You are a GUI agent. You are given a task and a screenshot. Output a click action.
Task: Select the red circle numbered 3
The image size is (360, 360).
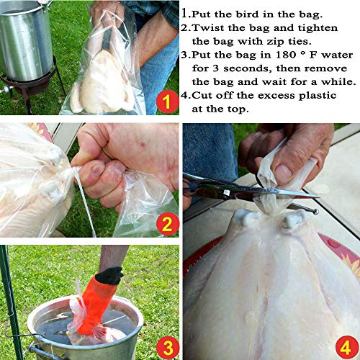click(x=166, y=347)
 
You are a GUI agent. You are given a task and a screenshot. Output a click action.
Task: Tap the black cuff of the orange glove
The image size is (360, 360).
click(x=109, y=276)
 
